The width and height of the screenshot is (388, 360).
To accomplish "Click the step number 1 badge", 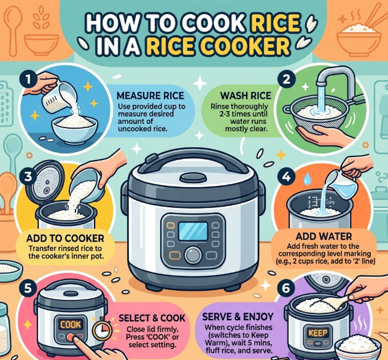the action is pyautogui.click(x=29, y=80).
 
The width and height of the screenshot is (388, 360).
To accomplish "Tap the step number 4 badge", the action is pyautogui.click(x=286, y=177).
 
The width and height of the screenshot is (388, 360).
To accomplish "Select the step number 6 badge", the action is pyautogui.click(x=286, y=288).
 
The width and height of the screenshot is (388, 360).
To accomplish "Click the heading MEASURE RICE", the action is pyautogui.click(x=150, y=96).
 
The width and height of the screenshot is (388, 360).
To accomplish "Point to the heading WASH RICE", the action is pyautogui.click(x=246, y=96).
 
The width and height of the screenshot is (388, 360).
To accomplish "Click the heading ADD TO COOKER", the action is pyautogui.click(x=65, y=239).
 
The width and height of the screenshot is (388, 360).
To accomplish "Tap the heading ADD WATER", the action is pyautogui.click(x=324, y=236).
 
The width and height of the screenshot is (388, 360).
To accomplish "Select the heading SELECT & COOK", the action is pyautogui.click(x=152, y=318).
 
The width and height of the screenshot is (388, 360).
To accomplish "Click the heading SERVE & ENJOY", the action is pyautogui.click(x=238, y=316).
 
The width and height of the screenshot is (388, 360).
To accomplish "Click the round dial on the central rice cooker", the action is pyautogui.click(x=193, y=255).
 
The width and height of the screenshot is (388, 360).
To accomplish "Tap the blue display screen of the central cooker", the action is pyautogui.click(x=193, y=231).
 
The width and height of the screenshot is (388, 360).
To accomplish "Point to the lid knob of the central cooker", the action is pyautogui.click(x=193, y=178).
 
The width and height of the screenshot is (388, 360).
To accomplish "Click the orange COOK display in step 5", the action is pyautogui.click(x=71, y=324).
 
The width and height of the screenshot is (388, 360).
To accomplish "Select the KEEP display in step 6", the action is pyautogui.click(x=317, y=333).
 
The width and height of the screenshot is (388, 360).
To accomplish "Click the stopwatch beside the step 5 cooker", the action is pyautogui.click(x=102, y=329).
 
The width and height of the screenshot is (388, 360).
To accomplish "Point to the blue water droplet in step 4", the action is pyautogui.click(x=307, y=178).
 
